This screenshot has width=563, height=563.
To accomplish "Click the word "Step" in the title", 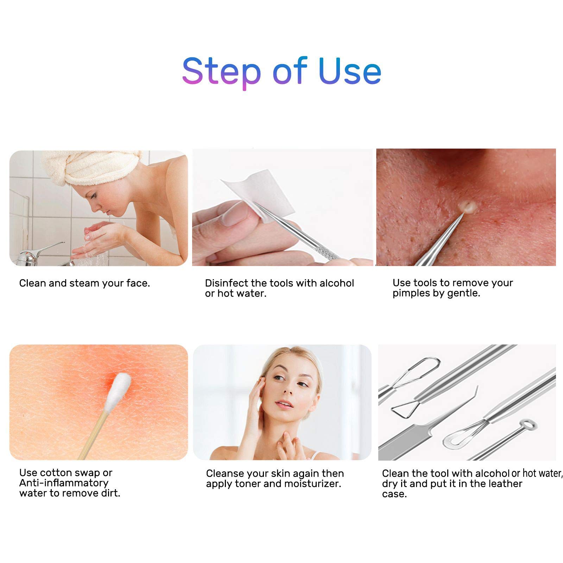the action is click(221, 71).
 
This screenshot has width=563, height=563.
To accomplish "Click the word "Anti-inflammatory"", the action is click(64, 483).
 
